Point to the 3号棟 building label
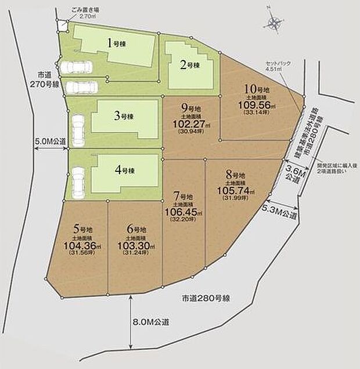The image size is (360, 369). point(124,116)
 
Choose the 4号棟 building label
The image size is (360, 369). point(124,170)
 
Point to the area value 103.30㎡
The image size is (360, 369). point(135,245)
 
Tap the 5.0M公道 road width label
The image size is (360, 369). point(51,141)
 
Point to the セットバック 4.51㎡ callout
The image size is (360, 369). point(273,65)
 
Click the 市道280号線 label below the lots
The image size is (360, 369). point(206,299)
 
